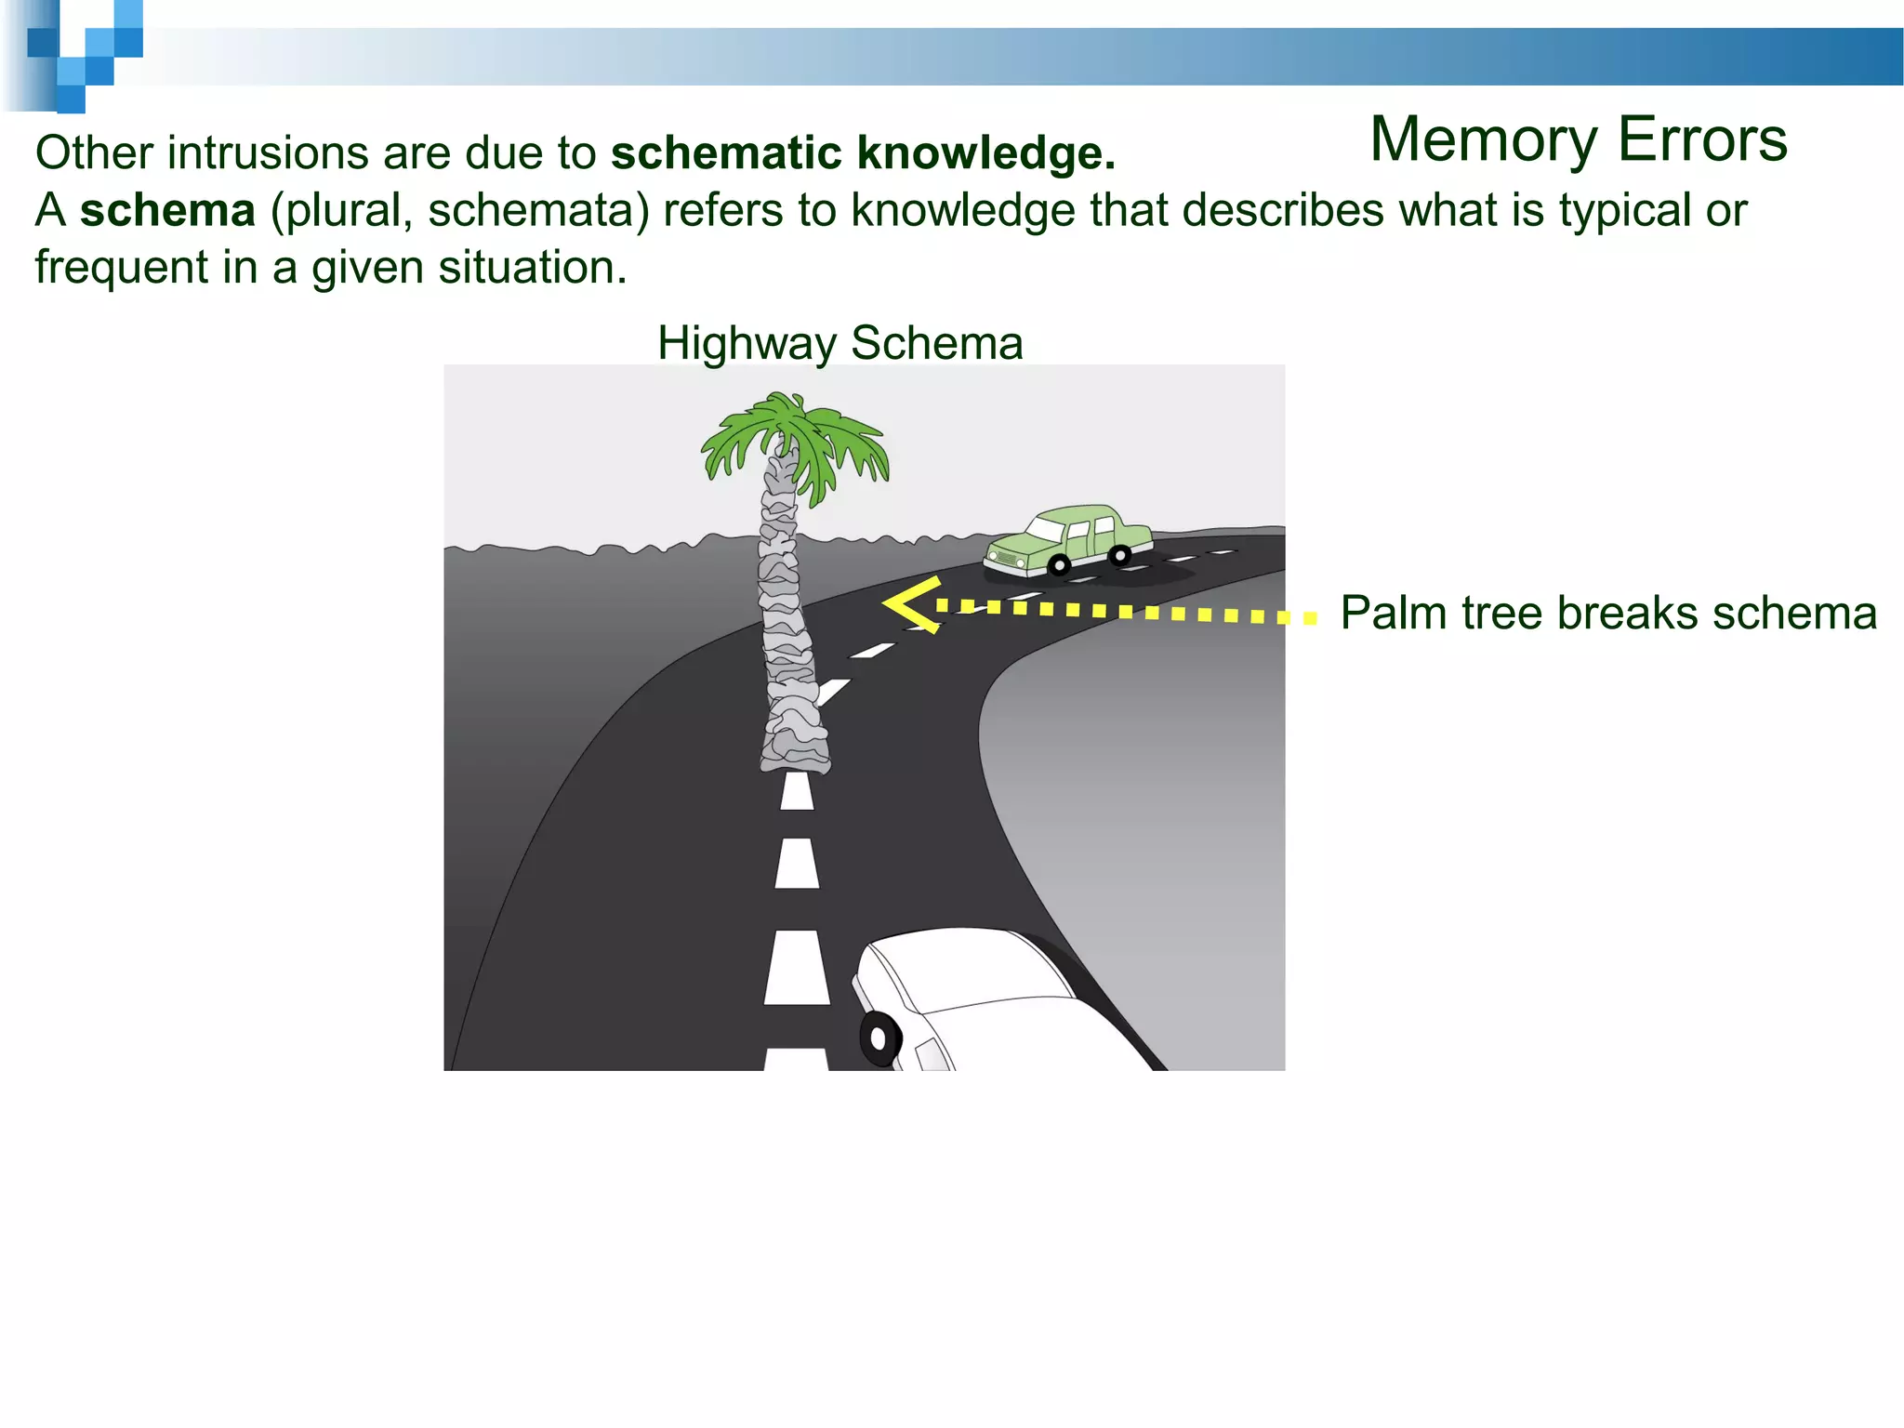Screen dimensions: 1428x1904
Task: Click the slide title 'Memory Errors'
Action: point(1578,139)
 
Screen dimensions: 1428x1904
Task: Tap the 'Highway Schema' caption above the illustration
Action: point(840,343)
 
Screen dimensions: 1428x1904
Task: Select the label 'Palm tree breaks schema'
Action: point(1608,614)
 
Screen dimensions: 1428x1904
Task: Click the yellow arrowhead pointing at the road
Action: point(911,605)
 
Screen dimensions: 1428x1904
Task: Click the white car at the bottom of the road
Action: point(985,1004)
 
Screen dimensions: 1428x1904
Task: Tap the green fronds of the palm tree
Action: point(795,442)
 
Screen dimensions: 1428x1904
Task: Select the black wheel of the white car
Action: point(879,1038)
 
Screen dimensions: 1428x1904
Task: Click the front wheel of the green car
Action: point(1059,564)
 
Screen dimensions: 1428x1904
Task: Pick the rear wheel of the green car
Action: point(1120,556)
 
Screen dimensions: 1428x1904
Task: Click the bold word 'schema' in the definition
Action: point(167,210)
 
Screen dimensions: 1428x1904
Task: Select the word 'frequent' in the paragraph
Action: point(121,268)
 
